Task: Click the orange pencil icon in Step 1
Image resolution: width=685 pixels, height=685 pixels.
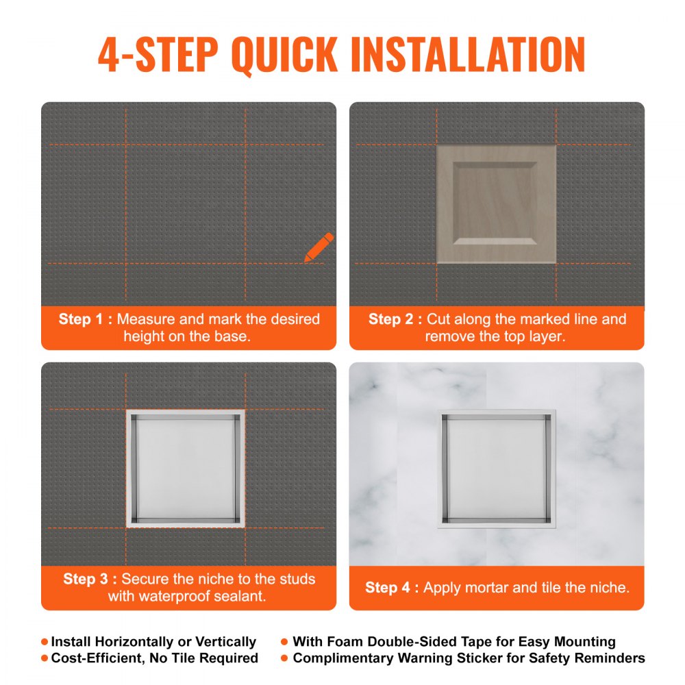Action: (319, 247)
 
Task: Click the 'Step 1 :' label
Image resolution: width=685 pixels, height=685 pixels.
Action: (86, 319)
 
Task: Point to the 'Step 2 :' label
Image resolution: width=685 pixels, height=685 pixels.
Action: (395, 319)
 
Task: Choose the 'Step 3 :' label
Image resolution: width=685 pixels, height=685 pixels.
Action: (90, 580)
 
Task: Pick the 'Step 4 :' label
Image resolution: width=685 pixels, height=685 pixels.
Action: (392, 588)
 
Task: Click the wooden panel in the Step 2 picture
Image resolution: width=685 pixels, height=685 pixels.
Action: (496, 204)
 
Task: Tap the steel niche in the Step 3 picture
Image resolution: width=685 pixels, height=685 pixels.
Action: (186, 469)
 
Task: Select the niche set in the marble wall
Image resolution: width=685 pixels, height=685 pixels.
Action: (496, 469)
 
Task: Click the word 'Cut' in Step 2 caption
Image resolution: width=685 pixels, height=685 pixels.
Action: (439, 319)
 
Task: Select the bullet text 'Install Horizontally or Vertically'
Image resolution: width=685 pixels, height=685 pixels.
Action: (153, 642)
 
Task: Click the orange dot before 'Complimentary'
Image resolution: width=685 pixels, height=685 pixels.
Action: (284, 658)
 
